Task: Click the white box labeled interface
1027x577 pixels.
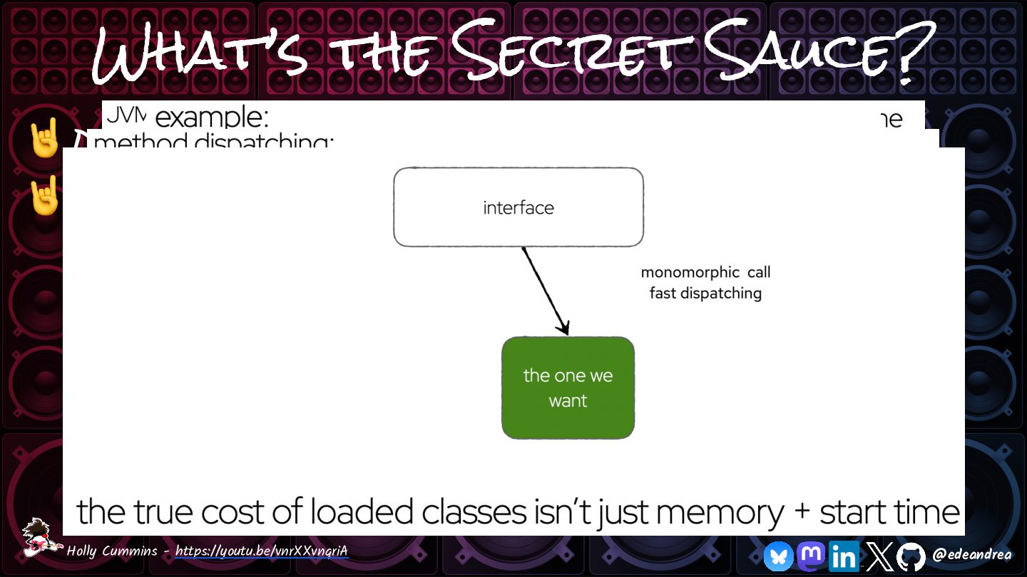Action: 518,207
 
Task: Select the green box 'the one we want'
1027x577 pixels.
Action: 568,388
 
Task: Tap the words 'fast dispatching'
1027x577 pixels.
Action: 705,293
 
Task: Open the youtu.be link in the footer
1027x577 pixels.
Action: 261,551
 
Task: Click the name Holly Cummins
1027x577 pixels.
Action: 114,551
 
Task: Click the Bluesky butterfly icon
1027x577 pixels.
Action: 778,556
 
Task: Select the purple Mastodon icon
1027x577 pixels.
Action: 811,555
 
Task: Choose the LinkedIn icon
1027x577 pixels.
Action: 844,556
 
